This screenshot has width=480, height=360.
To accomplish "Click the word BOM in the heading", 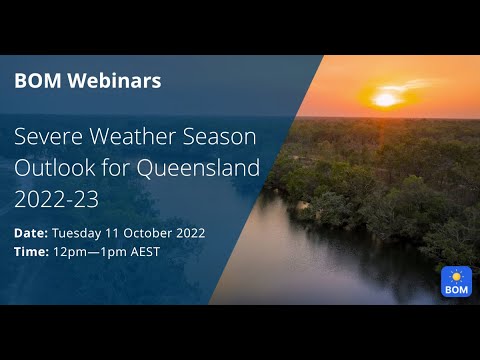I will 36,81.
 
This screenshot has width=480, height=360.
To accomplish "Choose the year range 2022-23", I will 56,198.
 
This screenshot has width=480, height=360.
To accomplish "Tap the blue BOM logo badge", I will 456,282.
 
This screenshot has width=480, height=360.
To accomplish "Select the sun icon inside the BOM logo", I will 456,275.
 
